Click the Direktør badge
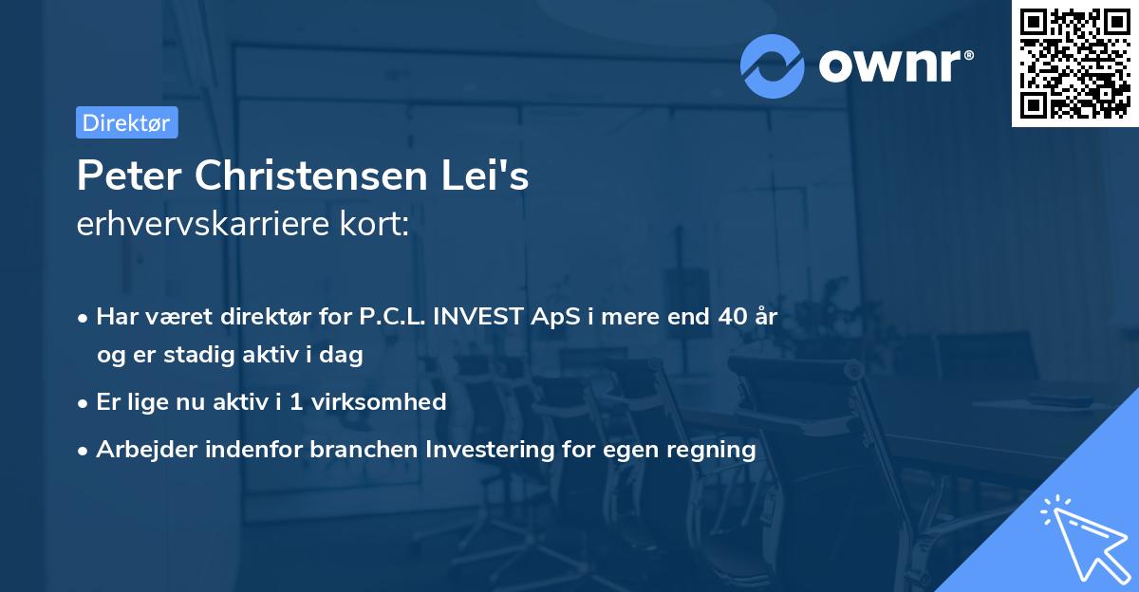(126, 122)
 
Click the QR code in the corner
(1075, 63)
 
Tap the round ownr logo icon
(772, 65)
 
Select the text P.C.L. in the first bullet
(390, 317)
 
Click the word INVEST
(475, 317)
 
